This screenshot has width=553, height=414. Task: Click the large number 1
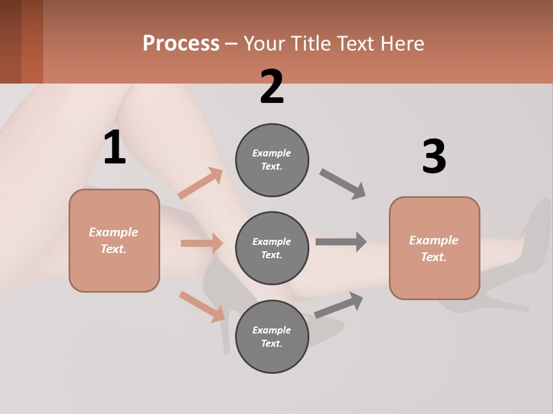(x=115, y=148)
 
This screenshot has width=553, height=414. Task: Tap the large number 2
(x=272, y=87)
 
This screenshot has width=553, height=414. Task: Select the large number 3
(x=434, y=157)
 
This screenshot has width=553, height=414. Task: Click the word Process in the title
(x=181, y=43)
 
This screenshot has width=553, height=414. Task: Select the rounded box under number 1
(x=114, y=240)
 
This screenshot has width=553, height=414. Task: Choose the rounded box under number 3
(x=434, y=248)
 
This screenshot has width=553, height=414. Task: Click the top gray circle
(x=272, y=160)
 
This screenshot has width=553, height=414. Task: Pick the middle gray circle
(x=272, y=248)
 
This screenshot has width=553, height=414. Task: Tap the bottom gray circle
(x=272, y=336)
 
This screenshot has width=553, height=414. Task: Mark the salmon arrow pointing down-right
(x=202, y=306)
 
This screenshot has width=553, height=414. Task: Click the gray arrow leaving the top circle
(x=343, y=184)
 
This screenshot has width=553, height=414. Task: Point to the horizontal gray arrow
(x=341, y=241)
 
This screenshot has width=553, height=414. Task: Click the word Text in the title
(x=357, y=43)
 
